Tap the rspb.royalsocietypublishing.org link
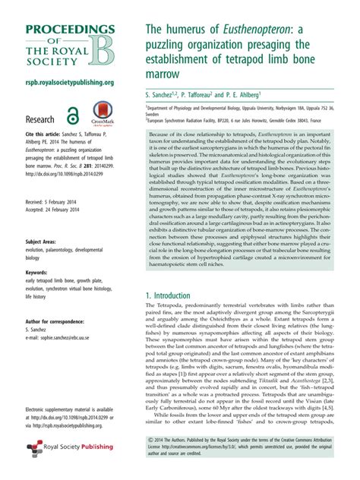70,82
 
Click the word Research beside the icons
40,119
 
